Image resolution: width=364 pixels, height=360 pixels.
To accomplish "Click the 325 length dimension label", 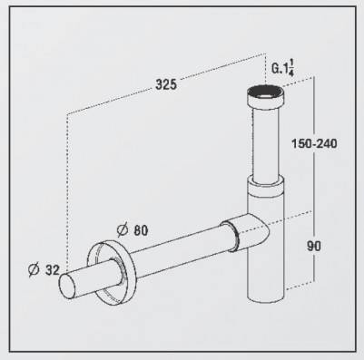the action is pyautogui.click(x=166, y=84).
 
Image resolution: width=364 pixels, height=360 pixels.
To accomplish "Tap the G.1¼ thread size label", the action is pyautogui.click(x=282, y=69).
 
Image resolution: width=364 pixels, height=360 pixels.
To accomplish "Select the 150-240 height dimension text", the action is pyautogui.click(x=314, y=143).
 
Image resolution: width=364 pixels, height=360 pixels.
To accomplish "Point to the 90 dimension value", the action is pyautogui.click(x=314, y=246).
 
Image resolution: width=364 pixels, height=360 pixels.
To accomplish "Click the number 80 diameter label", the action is pyautogui.click(x=141, y=230).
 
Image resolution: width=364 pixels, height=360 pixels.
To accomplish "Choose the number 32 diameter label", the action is pyautogui.click(x=53, y=270).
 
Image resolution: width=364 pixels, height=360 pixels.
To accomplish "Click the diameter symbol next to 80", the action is pyautogui.click(x=122, y=230).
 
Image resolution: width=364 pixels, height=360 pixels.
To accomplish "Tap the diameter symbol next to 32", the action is pyautogui.click(x=34, y=269).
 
